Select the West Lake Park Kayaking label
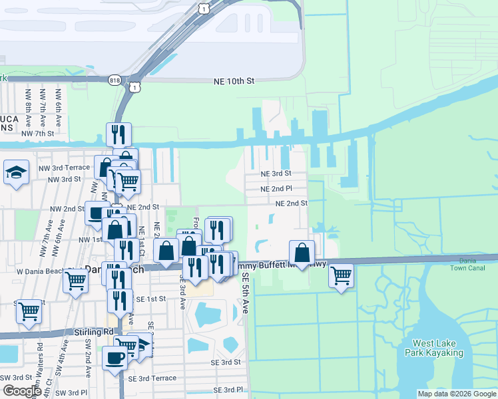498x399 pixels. tap(433, 348)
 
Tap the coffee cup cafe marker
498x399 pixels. tap(115, 358)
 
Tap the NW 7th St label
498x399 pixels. tap(37, 134)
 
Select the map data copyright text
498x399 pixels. tap(455, 394)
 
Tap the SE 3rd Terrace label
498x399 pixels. tap(152, 378)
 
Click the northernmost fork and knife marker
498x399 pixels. tap(119, 134)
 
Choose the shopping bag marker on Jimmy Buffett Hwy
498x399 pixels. tap(302, 253)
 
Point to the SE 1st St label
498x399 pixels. tap(150, 299)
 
